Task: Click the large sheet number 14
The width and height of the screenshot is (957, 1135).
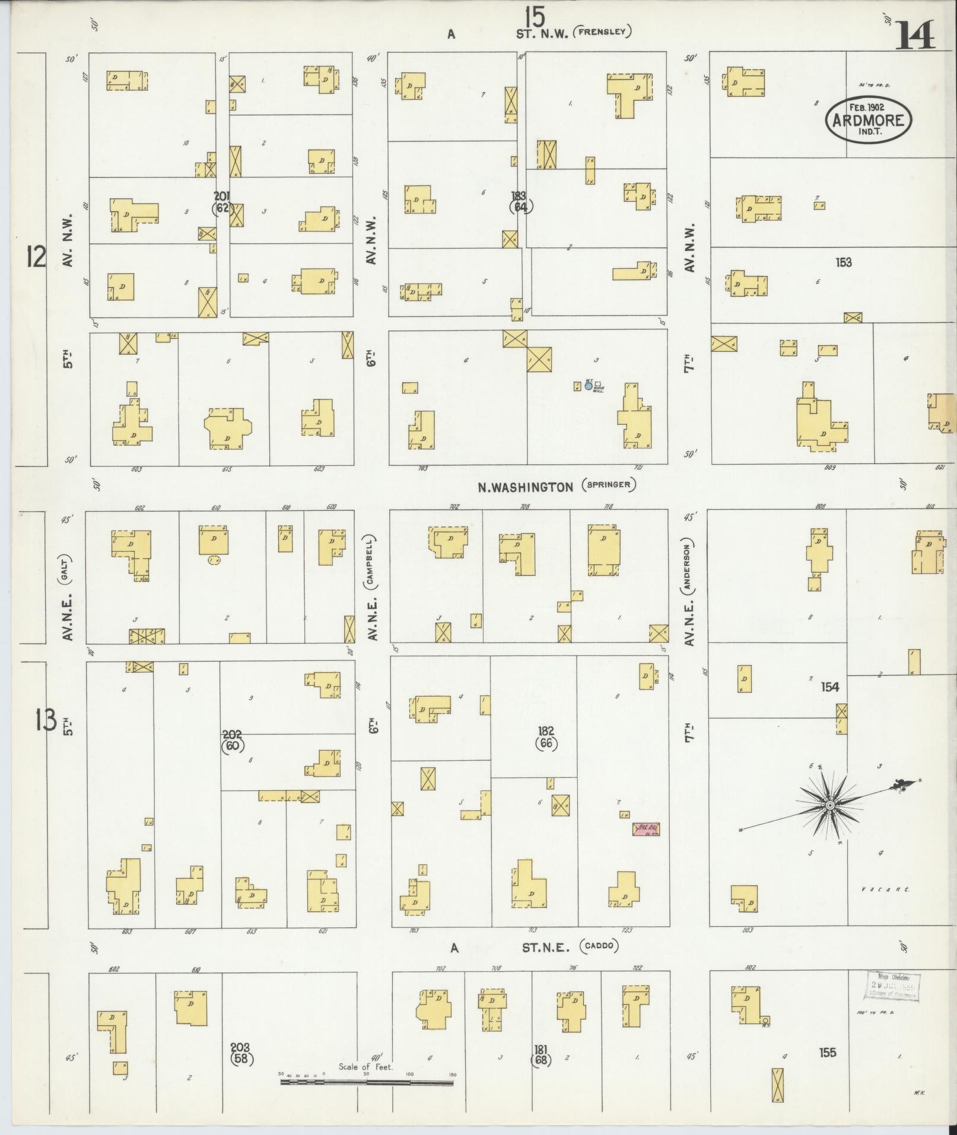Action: pyautogui.click(x=915, y=35)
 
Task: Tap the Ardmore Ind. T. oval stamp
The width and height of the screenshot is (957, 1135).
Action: pyautogui.click(x=869, y=120)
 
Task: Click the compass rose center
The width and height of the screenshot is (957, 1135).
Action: pyautogui.click(x=829, y=805)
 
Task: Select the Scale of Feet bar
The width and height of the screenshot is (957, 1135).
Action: pyautogui.click(x=366, y=1082)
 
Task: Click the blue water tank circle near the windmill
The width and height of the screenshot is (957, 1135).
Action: pyautogui.click(x=588, y=386)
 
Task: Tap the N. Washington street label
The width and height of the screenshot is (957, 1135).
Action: pyautogui.click(x=526, y=487)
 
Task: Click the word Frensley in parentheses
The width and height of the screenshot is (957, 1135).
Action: pyautogui.click(x=602, y=32)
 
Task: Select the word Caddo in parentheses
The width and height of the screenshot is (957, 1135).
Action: pyautogui.click(x=600, y=947)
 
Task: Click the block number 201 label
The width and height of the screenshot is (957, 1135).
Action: pyautogui.click(x=222, y=196)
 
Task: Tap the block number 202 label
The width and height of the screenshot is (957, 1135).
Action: pyautogui.click(x=232, y=734)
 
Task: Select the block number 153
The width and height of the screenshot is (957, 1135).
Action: pyautogui.click(x=843, y=262)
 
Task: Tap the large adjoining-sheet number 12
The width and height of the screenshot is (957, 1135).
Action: pyautogui.click(x=36, y=257)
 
